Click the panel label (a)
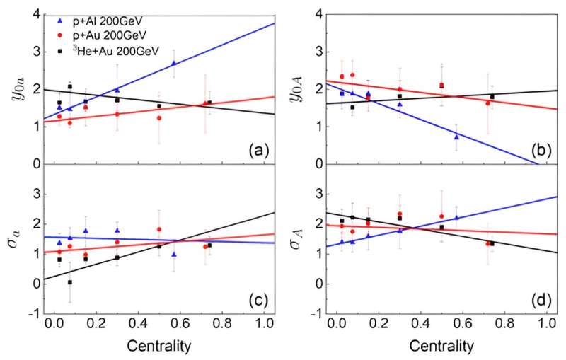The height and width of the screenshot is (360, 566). [x=251, y=150]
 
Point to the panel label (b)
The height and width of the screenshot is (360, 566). [x=528, y=150]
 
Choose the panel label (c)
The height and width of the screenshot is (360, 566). [x=251, y=300]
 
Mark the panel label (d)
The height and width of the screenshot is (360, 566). [x=528, y=300]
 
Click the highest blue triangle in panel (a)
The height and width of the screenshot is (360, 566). [x=174, y=63]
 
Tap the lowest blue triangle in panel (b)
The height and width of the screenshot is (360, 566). [x=456, y=137]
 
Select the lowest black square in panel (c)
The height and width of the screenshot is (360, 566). [x=70, y=281]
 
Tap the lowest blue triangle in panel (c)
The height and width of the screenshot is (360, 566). [x=174, y=254]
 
